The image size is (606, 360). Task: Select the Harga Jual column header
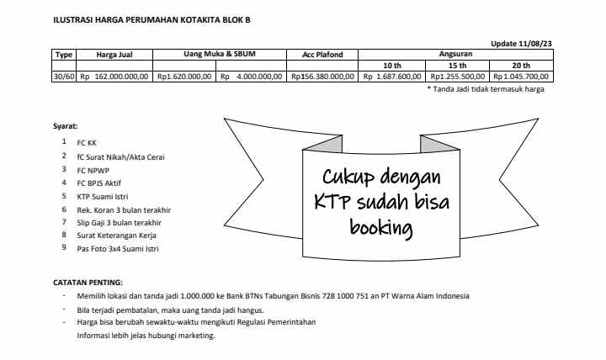pos(112,55)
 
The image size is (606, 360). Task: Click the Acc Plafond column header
pos(322,55)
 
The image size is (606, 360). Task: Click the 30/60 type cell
pos(64,76)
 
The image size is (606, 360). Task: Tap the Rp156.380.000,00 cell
pos(322,76)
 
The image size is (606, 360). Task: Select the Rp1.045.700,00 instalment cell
pos(523,76)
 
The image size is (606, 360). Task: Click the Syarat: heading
pos(64,127)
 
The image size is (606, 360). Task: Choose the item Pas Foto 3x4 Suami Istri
pos(120,250)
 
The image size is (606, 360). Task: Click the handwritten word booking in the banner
pos(380,227)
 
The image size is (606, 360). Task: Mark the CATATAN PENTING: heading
pos(88,282)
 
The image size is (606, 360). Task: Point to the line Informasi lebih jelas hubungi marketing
pos(146,336)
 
